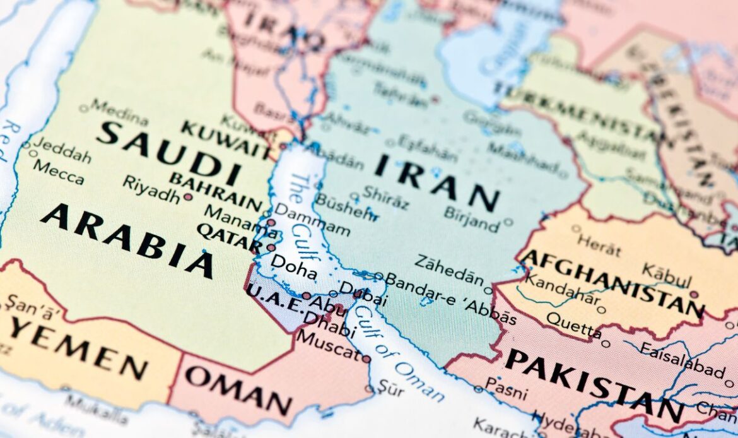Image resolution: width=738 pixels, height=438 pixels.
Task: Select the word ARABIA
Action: pos(127,239)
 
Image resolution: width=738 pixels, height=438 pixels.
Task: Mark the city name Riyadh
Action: pos(151,189)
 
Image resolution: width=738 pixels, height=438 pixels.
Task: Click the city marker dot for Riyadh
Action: pos(187,197)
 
